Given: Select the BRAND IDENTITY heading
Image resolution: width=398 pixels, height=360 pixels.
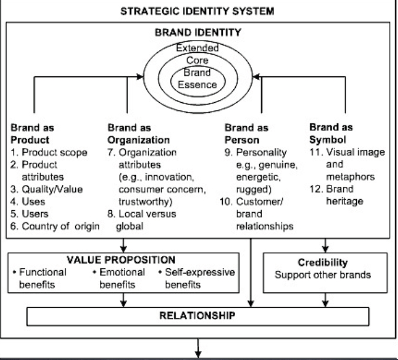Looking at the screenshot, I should pos(199,33).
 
